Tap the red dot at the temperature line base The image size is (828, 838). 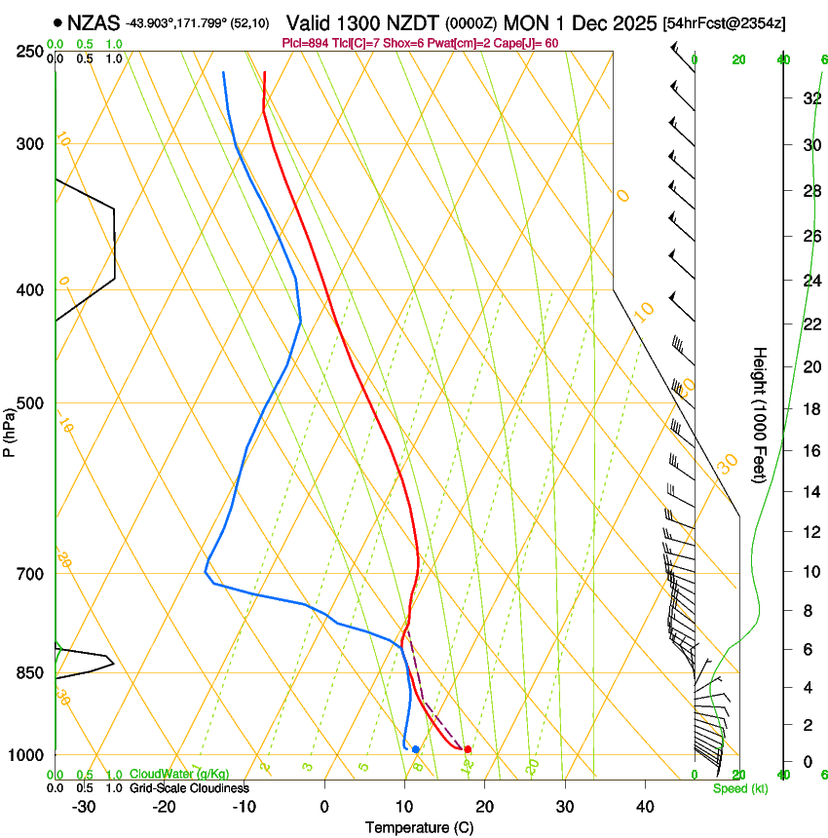(x=469, y=749)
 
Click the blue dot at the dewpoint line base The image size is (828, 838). (x=416, y=749)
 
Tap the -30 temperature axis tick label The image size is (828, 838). (x=84, y=807)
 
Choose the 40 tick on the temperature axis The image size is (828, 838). (x=644, y=807)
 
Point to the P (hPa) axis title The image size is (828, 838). (x=10, y=429)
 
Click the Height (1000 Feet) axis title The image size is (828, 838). (x=761, y=415)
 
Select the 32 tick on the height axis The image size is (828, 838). (x=783, y=97)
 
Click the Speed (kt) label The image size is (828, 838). (x=739, y=788)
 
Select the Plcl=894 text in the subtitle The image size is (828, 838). (x=303, y=43)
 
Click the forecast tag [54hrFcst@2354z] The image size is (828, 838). (x=725, y=22)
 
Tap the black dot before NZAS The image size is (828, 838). (x=59, y=21)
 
